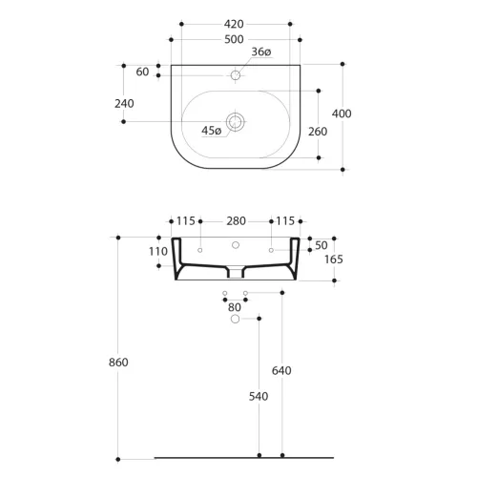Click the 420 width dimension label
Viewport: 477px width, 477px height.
pyautogui.click(x=234, y=24)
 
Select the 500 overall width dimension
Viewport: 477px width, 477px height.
pyautogui.click(x=234, y=39)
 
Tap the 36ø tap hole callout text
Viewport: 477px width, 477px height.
pyautogui.click(x=261, y=52)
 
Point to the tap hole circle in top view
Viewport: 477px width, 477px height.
pyautogui.click(x=236, y=75)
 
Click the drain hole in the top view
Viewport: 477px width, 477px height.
pyautogui.click(x=236, y=122)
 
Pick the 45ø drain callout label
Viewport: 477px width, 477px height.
pyautogui.click(x=211, y=131)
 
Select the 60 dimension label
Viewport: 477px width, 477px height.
pyautogui.click(x=142, y=72)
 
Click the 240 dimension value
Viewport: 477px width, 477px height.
pyautogui.click(x=124, y=104)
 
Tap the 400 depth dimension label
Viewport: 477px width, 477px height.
pyautogui.click(x=342, y=114)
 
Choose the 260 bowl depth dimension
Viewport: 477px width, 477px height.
pyautogui.click(x=318, y=132)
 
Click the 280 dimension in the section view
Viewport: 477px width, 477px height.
pyautogui.click(x=236, y=221)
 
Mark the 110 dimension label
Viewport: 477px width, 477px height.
pyautogui.click(x=158, y=252)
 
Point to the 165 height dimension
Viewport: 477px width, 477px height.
pyautogui.click(x=334, y=259)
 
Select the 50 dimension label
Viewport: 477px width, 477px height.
pyautogui.click(x=321, y=245)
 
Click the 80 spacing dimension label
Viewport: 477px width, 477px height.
pyautogui.click(x=235, y=307)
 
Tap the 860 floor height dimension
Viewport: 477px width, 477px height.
pyautogui.click(x=118, y=363)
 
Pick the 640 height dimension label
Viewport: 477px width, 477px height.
pyautogui.click(x=281, y=370)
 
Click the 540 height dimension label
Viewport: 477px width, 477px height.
pyautogui.click(x=259, y=396)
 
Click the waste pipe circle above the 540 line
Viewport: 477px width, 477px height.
pyautogui.click(x=235, y=319)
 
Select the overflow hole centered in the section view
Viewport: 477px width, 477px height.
pyautogui.click(x=236, y=245)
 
